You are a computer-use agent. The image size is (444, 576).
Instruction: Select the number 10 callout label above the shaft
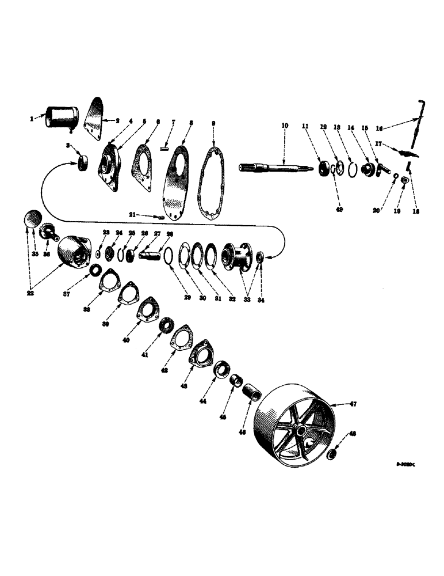(284, 126)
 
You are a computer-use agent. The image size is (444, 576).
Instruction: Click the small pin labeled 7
(164, 148)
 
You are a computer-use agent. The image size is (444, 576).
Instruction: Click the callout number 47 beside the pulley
(353, 404)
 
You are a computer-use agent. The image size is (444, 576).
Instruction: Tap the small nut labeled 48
(332, 456)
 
